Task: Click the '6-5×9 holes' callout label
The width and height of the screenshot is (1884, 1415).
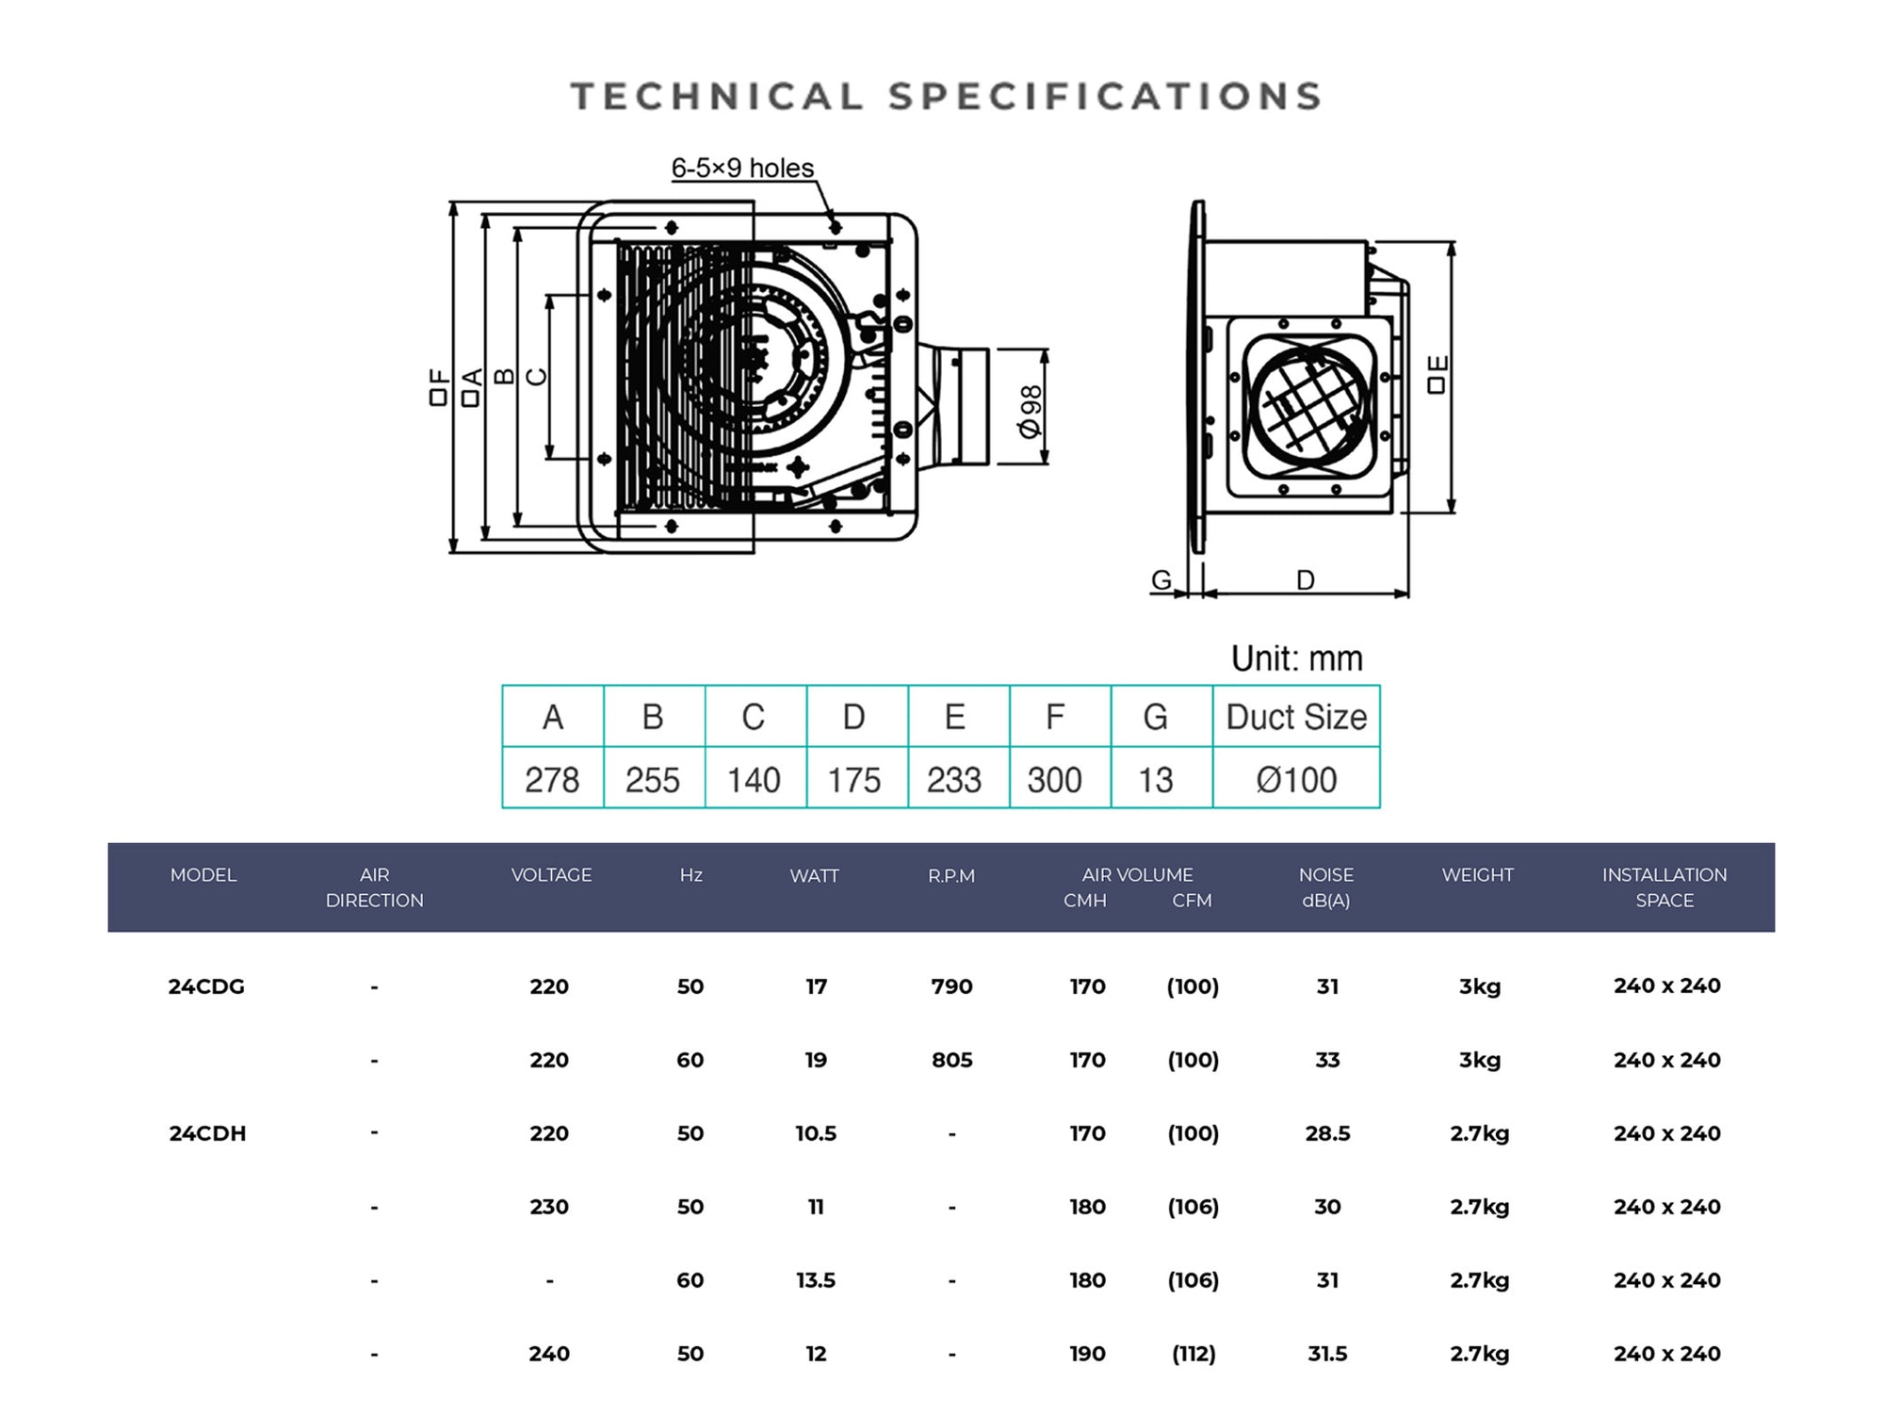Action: (x=742, y=168)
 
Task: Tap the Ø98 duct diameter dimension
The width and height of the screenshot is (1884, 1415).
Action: (x=1031, y=412)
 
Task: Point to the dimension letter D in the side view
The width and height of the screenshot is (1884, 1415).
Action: (x=1305, y=579)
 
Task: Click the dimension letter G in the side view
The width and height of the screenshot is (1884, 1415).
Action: (x=1161, y=579)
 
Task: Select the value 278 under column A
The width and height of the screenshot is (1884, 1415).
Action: (x=552, y=780)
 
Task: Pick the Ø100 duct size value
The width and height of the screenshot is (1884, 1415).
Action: (x=1296, y=780)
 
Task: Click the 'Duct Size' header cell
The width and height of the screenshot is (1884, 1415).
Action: (x=1296, y=718)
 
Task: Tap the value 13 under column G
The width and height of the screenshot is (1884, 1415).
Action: (x=1156, y=780)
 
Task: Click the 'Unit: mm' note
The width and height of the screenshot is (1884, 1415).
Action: (x=1296, y=659)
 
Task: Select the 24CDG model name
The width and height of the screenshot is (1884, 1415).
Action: (x=206, y=986)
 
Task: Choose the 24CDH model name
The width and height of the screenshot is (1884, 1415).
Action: (x=207, y=1133)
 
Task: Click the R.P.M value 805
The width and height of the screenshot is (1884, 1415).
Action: (x=951, y=1060)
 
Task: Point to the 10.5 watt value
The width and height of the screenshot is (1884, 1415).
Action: (x=816, y=1133)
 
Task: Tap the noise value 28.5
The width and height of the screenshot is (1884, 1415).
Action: (x=1327, y=1133)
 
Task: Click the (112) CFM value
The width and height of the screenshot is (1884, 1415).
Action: (x=1194, y=1354)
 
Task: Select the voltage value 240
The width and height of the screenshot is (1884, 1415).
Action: (x=549, y=1354)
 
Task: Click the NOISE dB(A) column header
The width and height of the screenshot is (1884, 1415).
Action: (x=1326, y=887)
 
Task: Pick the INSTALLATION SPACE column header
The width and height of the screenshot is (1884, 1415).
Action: (x=1665, y=887)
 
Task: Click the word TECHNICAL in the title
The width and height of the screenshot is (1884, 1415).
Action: (x=717, y=96)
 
